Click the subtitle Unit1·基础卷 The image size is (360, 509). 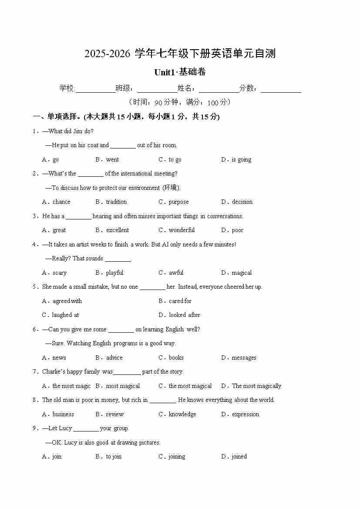click(x=180, y=72)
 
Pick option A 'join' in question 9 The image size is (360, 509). click(x=57, y=457)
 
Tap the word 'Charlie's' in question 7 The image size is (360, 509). click(x=53, y=372)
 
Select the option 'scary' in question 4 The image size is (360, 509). click(x=59, y=273)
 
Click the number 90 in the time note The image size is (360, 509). click(x=158, y=103)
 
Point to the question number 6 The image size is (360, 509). click(x=34, y=330)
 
